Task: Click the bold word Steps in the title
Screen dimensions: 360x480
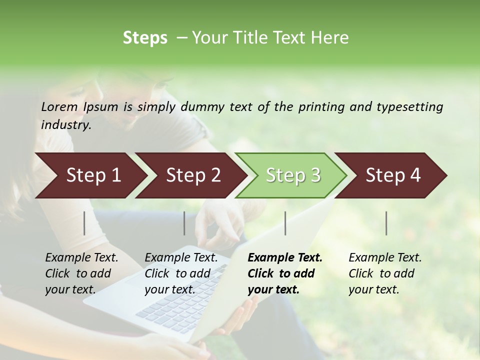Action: click(145, 38)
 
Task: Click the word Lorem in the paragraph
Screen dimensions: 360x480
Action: click(59, 106)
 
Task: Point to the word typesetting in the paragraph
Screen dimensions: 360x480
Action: click(409, 106)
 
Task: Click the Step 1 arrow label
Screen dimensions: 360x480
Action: click(93, 175)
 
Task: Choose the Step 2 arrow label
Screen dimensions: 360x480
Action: click(193, 175)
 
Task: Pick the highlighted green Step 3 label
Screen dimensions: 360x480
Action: click(293, 175)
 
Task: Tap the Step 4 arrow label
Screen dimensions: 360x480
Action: click(393, 175)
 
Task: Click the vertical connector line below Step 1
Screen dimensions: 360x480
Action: click(84, 223)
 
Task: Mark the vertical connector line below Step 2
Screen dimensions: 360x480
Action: click(184, 223)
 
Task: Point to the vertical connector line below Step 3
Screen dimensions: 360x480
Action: click(285, 223)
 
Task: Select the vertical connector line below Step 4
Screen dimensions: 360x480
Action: click(386, 223)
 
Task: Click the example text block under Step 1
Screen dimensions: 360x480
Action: click(81, 273)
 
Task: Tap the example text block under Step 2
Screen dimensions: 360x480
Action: click(181, 273)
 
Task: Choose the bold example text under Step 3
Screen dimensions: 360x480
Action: click(285, 273)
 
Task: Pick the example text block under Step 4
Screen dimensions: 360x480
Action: click(385, 273)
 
